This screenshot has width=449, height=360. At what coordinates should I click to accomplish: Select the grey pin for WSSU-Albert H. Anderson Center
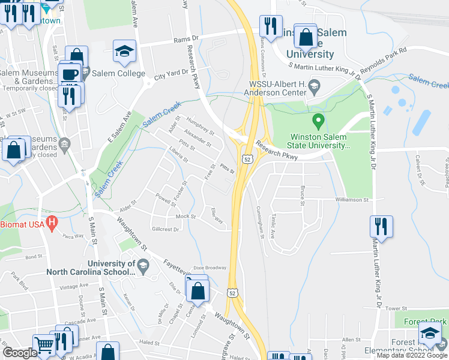313,89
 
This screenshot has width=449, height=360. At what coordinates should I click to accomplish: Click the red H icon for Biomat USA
52,224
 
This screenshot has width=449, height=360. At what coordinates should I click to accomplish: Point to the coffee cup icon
70,74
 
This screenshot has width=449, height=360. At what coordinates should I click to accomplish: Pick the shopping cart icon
44,344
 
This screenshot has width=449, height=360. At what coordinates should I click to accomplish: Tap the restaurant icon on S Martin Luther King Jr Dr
381,227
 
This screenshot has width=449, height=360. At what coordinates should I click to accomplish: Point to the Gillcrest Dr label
166,229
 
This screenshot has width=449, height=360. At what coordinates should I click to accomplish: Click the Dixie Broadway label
209,268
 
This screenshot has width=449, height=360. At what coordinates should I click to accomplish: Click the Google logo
20,353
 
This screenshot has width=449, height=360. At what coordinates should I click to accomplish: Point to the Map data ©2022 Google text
412,355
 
